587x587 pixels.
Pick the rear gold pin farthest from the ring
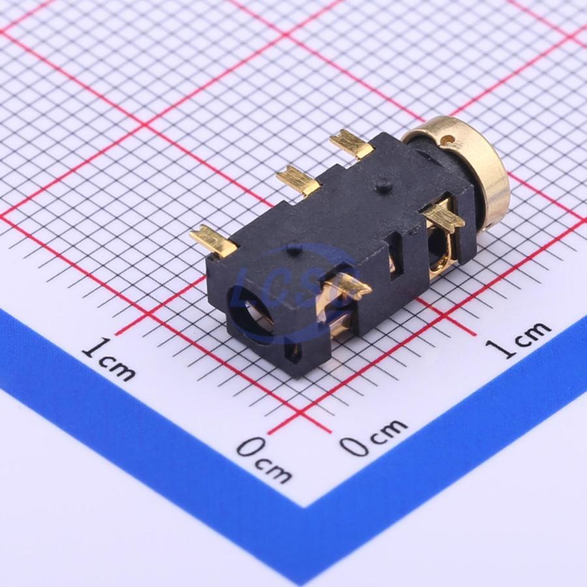pos(213,239)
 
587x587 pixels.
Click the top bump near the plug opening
pos(294,249)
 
